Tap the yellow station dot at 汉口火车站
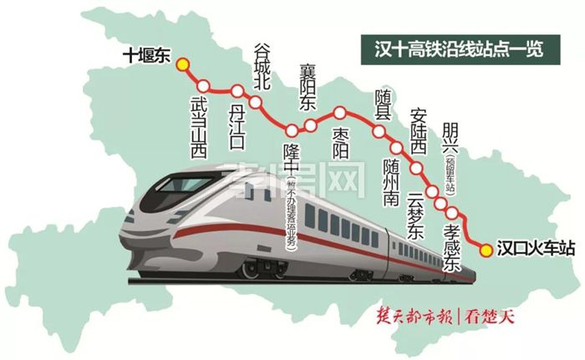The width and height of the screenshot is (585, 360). [x=486, y=247]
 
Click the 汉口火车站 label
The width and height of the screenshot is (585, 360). [x=535, y=248]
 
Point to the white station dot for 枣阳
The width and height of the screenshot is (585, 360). [x=340, y=112]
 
